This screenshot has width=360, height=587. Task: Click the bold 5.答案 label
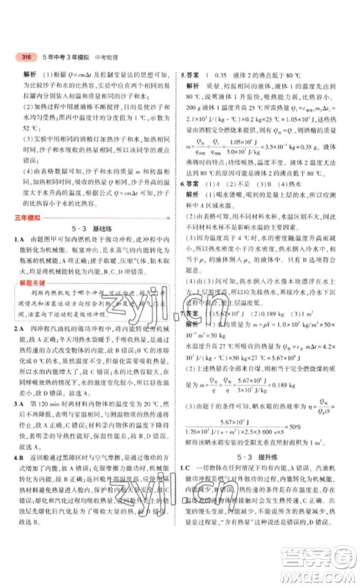coord(191,74)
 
